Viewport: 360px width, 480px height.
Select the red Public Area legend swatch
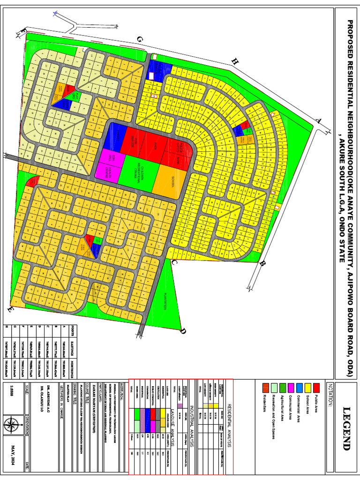tap(317, 387)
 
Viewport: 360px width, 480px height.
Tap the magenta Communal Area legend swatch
tap(291, 387)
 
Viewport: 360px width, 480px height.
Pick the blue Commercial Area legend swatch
tap(300, 387)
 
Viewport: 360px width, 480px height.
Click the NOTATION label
tap(330, 394)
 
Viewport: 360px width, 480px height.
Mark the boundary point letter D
tap(183, 331)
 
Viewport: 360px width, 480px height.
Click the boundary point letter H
tap(235, 61)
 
